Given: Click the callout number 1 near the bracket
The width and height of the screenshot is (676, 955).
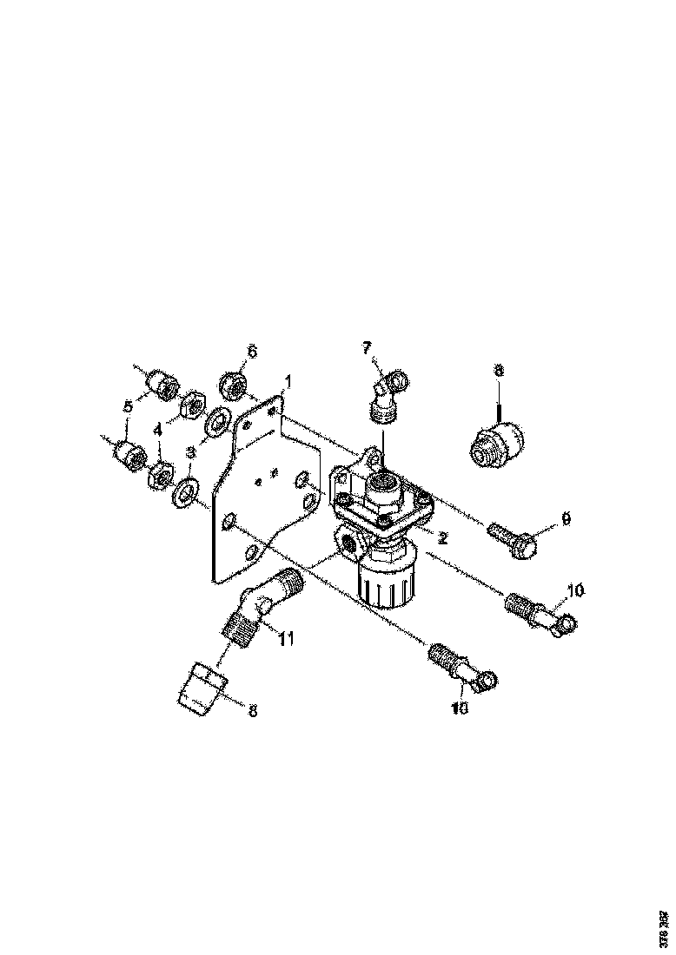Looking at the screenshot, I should coord(288,380).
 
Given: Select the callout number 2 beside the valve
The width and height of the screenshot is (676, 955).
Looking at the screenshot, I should coord(442,537).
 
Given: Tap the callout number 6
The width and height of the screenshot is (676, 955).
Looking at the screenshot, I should coord(252,351).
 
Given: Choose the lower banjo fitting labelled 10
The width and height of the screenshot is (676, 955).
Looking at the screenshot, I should coord(461,666).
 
